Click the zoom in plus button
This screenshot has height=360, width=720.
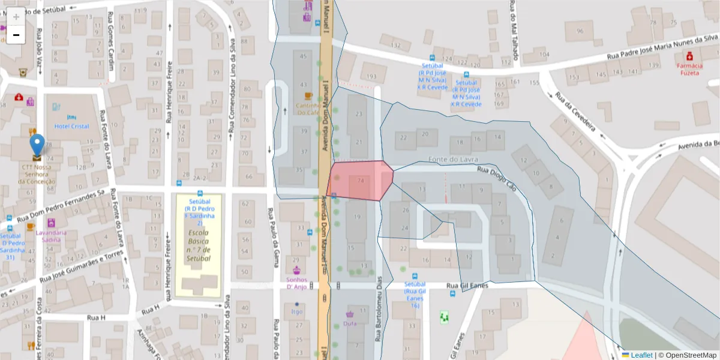pos(16,17)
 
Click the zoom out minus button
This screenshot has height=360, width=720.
pos(16,35)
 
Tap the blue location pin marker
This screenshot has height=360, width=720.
pos(37,145)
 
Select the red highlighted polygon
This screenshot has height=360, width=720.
pos(360,180)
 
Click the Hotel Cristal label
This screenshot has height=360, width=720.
pos(71,127)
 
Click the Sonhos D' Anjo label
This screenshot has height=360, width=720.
pos(296,283)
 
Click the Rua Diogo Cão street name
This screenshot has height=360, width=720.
pos(497,179)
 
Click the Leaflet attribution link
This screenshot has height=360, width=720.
pos(641,355)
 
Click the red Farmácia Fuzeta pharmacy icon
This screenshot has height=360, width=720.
pos(689,56)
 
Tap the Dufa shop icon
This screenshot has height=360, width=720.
pos(350,314)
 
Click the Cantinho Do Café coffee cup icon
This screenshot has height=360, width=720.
pos(308,96)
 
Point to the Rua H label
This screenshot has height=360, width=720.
pos(96,317)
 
